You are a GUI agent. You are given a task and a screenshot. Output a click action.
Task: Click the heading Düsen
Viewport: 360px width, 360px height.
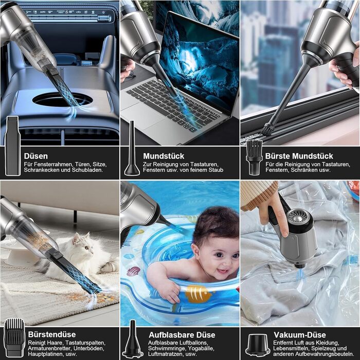click(36, 156)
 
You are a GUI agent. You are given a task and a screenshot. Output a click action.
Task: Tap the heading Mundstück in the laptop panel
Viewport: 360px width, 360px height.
click(164, 156)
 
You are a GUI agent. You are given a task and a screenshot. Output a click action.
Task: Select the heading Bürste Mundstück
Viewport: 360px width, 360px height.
click(299, 156)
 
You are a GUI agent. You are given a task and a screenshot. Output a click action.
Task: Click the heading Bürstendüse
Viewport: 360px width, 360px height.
click(52, 334)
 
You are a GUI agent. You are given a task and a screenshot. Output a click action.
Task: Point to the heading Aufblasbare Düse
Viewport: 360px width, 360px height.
click(182, 335)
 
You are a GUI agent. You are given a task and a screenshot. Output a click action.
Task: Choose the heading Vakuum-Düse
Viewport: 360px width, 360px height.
click(300, 335)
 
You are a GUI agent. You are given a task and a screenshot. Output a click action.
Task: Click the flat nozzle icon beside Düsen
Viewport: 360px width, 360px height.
click(13, 146)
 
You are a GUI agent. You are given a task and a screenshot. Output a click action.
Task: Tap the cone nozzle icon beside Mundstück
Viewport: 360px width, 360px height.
click(132, 148)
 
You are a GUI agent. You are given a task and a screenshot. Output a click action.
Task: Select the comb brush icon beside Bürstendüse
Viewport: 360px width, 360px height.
click(14, 337)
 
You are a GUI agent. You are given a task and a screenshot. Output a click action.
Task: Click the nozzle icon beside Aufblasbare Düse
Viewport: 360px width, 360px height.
click(133, 339)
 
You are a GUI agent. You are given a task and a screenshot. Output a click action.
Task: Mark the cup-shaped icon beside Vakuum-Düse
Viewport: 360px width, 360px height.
click(258, 345)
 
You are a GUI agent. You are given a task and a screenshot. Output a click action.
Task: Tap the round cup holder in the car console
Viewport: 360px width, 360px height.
click(62, 100)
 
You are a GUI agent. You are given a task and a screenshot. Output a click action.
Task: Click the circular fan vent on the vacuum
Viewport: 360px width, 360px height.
click(298, 216)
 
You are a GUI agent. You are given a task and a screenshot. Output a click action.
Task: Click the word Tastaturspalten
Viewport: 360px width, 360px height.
click(85, 343)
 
